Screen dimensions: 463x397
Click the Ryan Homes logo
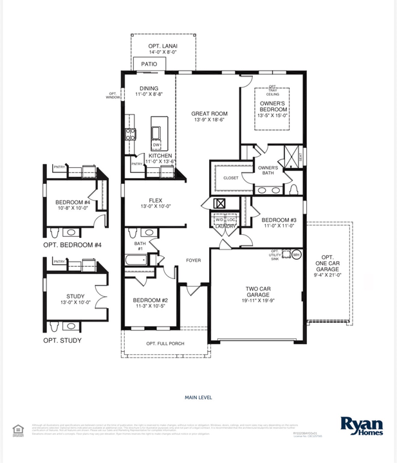362,426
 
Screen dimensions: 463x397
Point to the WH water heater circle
297,255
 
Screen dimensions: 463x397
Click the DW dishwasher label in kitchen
156,145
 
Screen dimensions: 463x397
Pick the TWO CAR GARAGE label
257,293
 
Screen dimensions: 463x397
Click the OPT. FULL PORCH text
165,344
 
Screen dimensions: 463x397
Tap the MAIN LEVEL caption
198,397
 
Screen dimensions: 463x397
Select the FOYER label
194,260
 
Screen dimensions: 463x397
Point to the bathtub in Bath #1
137,261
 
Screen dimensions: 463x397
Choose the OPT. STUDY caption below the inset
62,340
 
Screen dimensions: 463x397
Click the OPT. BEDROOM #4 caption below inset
72,245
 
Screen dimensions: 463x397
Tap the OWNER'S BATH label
268,171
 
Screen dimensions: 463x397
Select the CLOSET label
230,178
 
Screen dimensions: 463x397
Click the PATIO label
149,64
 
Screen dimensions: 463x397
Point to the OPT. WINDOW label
113,96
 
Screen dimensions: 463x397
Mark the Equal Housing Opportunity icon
17,430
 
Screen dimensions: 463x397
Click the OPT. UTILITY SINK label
276,255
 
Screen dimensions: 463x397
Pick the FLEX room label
156,204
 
